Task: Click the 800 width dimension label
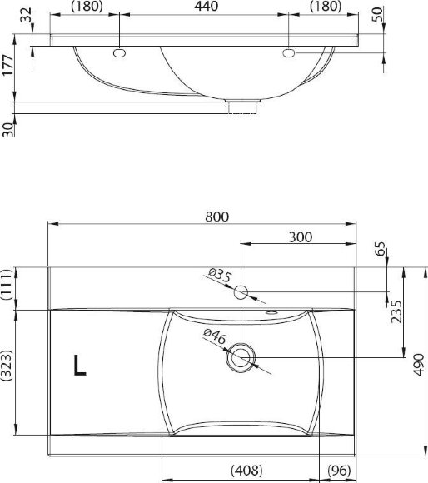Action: [x=217, y=217]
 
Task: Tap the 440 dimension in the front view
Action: [x=207, y=7]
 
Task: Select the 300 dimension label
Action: [x=301, y=237]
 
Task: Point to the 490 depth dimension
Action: [x=418, y=365]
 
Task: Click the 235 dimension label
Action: [x=396, y=311]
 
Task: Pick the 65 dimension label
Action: [x=381, y=249]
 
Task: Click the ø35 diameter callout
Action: [x=219, y=275]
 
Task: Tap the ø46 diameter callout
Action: [x=215, y=336]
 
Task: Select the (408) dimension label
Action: [x=246, y=470]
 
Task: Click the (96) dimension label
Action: [x=339, y=470]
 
